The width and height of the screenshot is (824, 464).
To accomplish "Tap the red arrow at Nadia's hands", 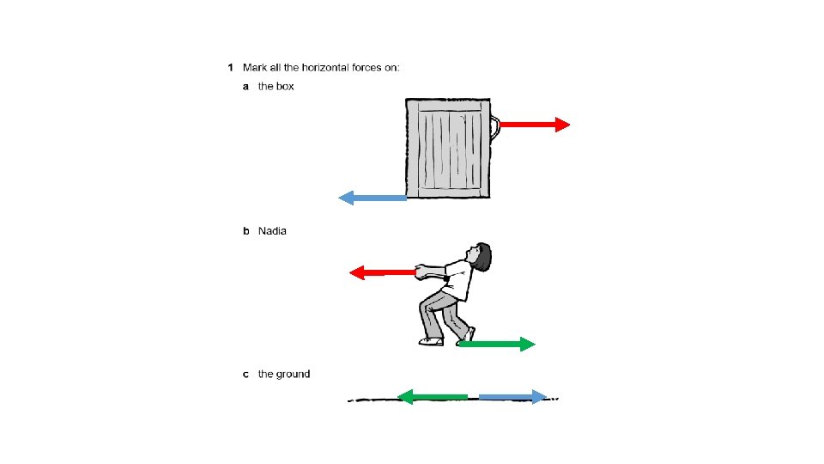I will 382,272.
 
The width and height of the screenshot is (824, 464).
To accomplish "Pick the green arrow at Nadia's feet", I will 496,344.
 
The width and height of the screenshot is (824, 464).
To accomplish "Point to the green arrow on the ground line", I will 433,396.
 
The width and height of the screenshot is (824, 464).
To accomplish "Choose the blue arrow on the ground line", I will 512,396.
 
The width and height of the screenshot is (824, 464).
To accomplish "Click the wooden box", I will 447,147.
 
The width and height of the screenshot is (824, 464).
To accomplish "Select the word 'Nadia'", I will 272,231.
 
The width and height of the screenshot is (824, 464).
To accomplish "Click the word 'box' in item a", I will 285,87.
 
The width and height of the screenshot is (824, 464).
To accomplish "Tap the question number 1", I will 230,67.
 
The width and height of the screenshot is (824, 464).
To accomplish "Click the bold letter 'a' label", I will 246,87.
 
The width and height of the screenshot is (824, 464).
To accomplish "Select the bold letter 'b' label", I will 246,231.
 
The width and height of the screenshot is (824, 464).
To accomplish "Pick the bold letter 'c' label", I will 246,375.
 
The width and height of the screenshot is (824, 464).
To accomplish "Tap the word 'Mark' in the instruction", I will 255,67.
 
